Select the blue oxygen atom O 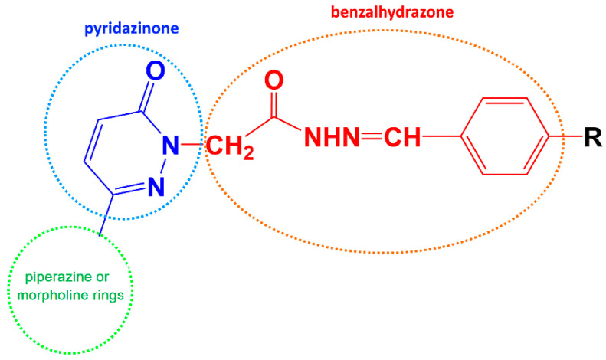154,72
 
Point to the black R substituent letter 591,139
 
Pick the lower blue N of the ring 156,185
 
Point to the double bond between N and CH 371,139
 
